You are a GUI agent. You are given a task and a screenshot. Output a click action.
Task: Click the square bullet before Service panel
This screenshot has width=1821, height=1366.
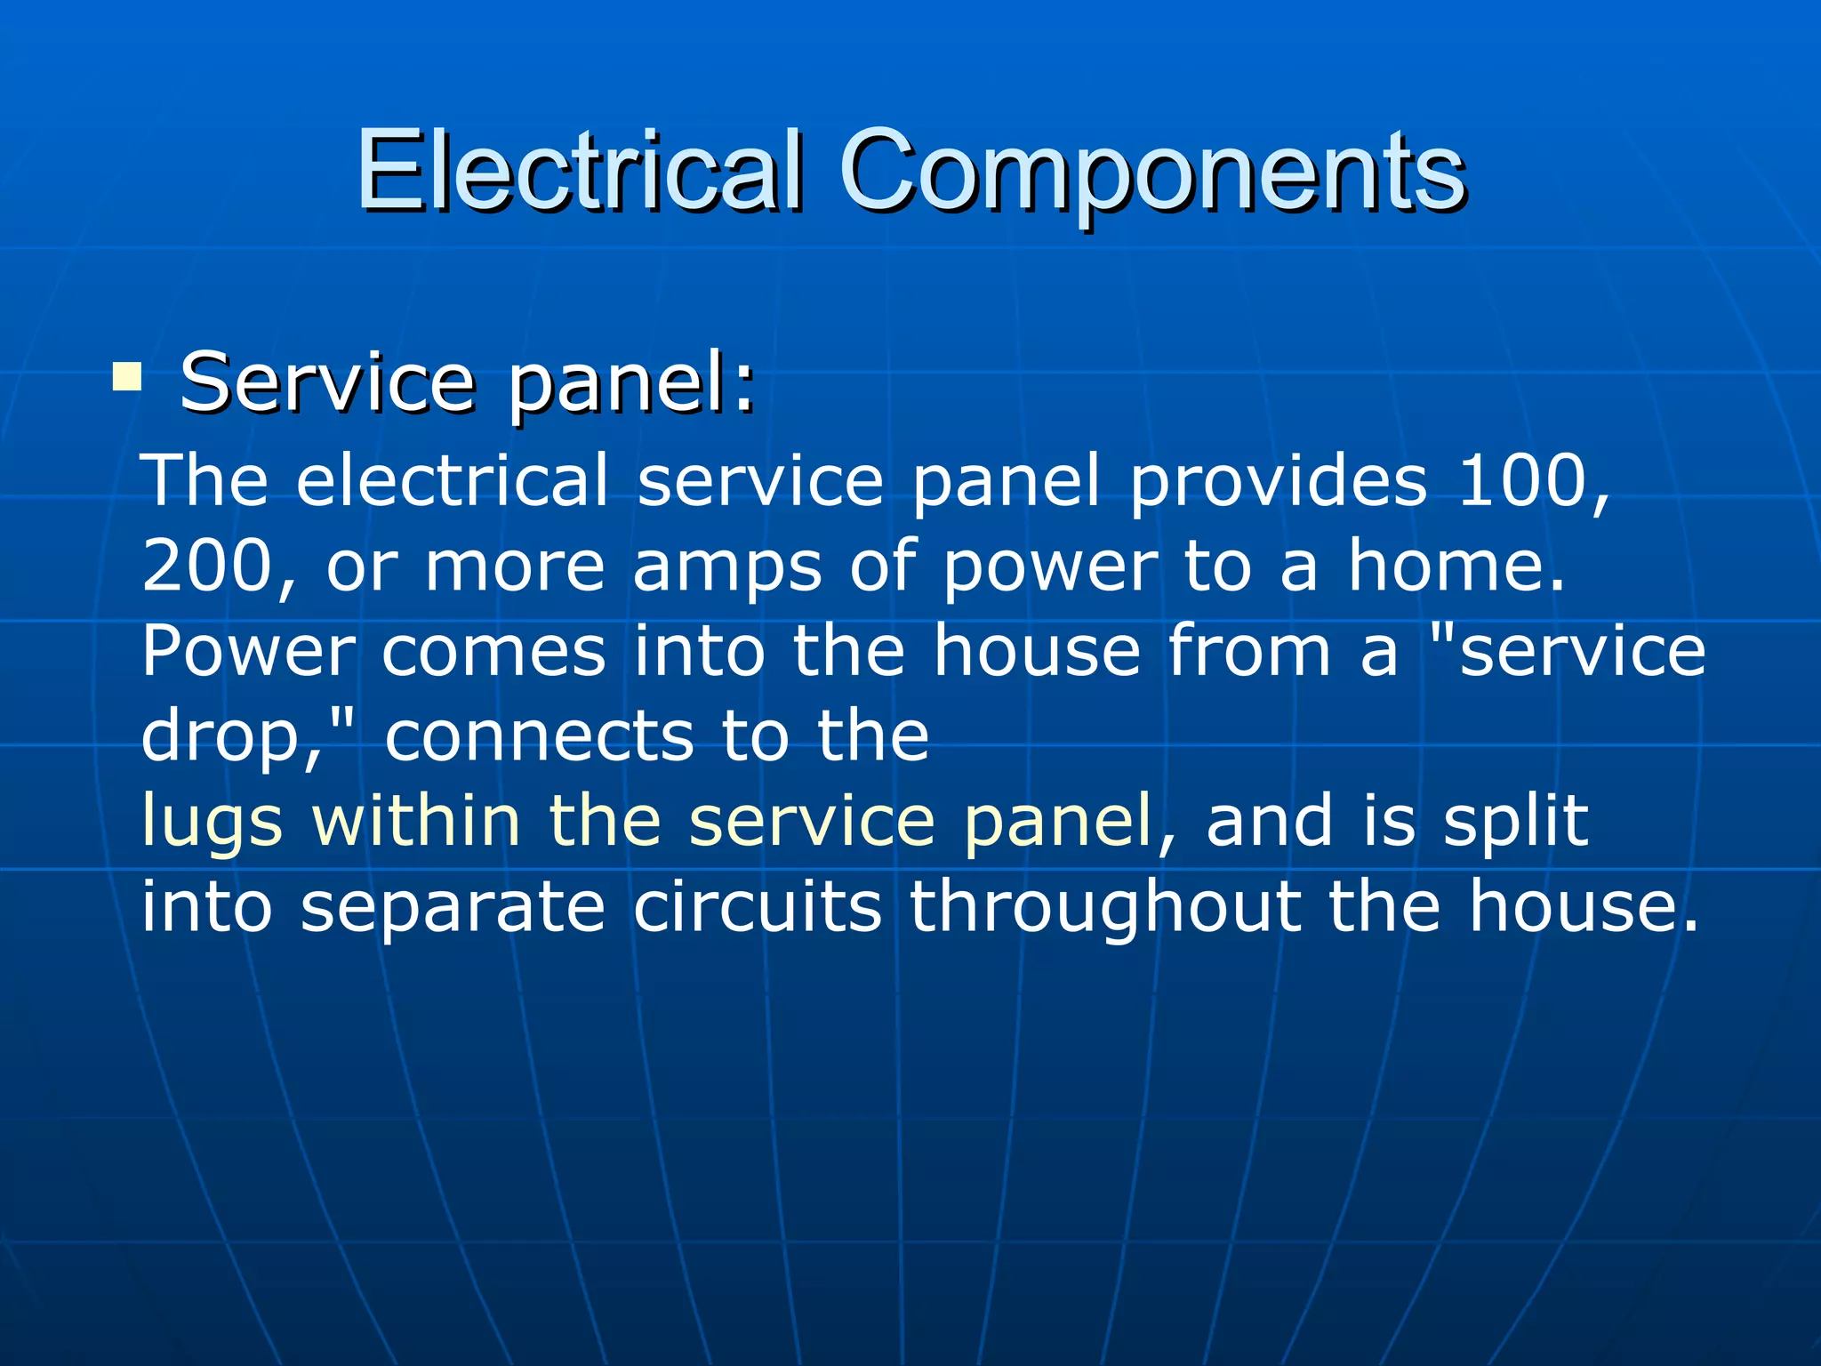127,377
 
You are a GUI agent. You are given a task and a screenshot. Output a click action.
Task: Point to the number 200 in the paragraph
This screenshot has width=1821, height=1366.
205,566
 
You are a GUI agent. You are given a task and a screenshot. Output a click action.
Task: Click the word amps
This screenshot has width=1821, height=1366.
727,566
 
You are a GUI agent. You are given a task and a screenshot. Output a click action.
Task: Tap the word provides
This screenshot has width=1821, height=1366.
1279,481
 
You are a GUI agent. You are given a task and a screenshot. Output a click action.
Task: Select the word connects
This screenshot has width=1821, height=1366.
539,736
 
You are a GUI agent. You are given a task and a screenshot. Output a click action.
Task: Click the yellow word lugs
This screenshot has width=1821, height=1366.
212,822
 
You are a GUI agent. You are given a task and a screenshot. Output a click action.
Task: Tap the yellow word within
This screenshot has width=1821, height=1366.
415,820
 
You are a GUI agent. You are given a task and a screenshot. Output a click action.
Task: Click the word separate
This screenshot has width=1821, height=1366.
453,907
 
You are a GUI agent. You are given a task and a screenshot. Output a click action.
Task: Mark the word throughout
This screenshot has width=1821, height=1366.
1104,907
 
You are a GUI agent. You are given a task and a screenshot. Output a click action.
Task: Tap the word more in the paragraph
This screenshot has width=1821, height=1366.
515,567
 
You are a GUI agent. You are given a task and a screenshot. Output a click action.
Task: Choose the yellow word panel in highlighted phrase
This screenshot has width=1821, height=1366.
1058,822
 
